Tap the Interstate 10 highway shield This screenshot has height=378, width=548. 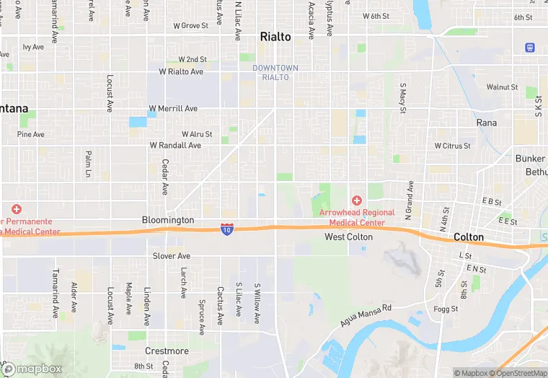coord(226,229)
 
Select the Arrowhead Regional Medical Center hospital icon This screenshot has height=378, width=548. coord(356,200)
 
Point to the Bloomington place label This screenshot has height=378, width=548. coord(168,220)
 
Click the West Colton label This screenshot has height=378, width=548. coord(348,237)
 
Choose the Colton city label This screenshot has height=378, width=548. coord(469,237)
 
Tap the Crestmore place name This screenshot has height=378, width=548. coord(166,351)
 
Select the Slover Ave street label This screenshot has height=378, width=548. coord(172,256)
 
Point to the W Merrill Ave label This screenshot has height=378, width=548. coord(173,109)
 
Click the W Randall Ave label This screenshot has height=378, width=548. coord(175,145)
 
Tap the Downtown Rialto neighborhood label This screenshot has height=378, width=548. coord(275,72)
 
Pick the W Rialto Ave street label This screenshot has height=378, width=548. coord(181,72)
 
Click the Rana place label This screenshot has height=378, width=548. coord(487,123)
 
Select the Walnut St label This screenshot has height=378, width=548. coord(502,87)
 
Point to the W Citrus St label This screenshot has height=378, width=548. coord(452,146)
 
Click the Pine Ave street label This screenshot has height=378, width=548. coord(31,134)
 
